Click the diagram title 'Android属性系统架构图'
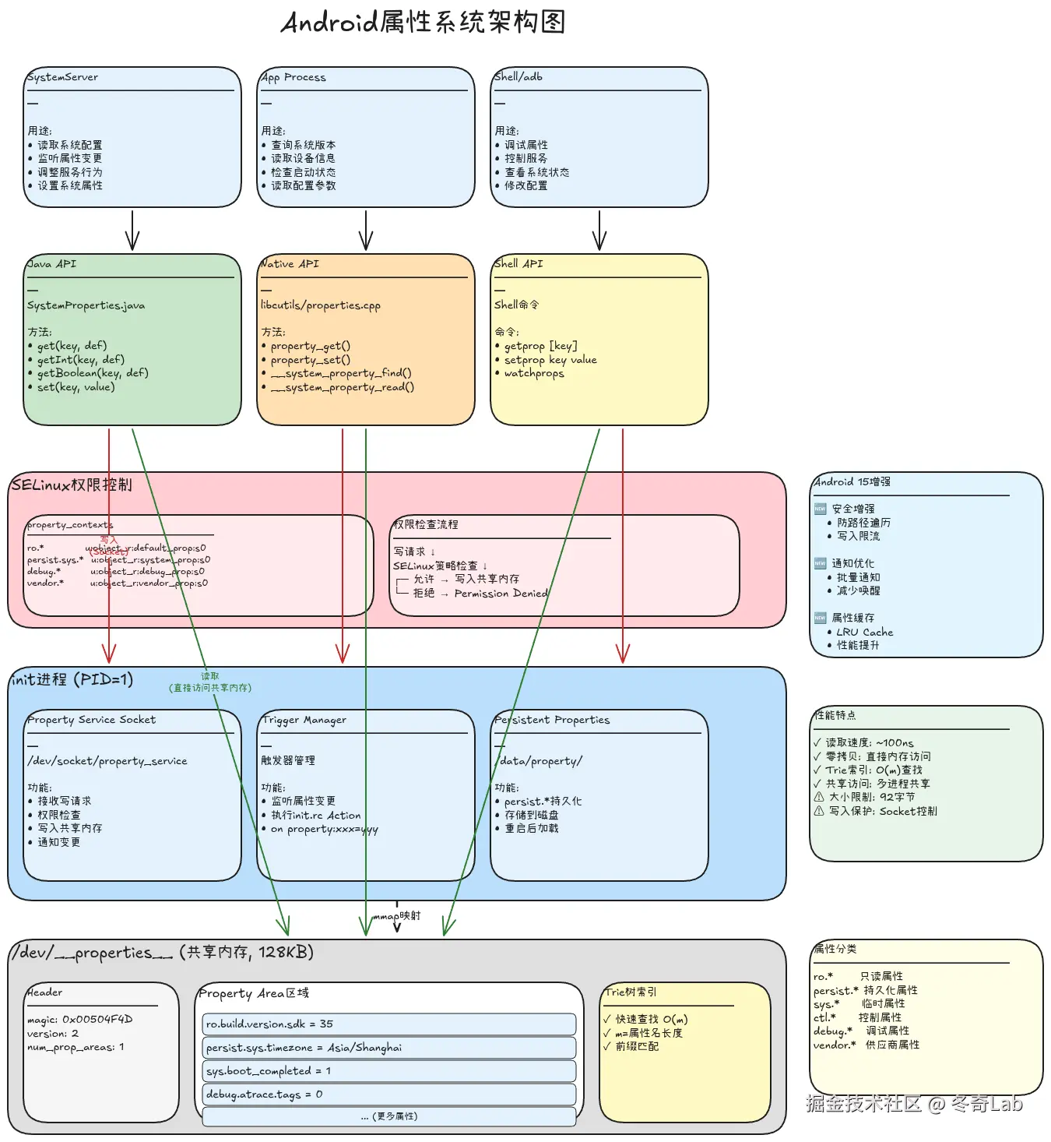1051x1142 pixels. pos(423,22)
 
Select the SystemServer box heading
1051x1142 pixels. pos(62,77)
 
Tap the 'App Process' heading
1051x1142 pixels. pos(294,77)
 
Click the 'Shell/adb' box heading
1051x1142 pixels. pos(518,76)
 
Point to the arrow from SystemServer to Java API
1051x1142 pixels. pos(132,230)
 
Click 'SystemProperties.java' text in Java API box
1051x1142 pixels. pos(86,305)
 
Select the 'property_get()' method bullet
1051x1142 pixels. pos(310,346)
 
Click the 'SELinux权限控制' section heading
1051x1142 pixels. pos(72,485)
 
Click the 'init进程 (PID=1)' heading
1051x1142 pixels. pos(72,679)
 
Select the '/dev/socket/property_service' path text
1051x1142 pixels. pos(107,761)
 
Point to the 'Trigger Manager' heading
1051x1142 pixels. pos(304,720)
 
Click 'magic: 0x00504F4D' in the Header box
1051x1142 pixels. pos(79,1020)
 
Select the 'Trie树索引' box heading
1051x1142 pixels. pos(631,992)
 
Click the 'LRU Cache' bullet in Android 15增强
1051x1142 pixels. pos(864,632)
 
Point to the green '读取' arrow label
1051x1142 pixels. pos(210,677)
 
